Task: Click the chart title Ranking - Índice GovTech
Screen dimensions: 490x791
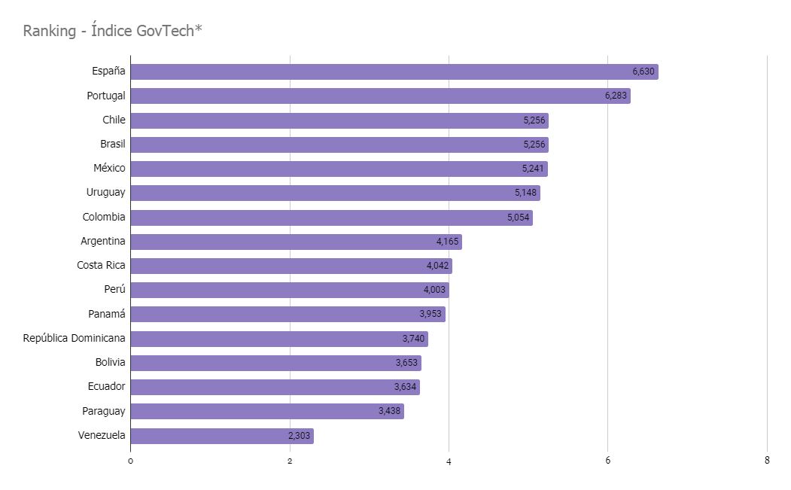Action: click(113, 31)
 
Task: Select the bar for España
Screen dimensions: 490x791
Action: click(394, 72)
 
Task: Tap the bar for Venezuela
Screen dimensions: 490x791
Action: click(221, 436)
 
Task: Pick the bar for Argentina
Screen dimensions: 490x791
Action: click(296, 242)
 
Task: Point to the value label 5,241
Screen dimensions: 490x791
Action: click(534, 169)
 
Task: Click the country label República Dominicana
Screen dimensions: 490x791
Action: click(75, 338)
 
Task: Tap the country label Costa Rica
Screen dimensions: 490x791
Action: click(101, 265)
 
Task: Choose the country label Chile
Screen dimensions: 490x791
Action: click(114, 120)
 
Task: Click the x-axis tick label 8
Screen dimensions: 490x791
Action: click(767, 461)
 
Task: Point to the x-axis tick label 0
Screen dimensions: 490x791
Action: click(130, 461)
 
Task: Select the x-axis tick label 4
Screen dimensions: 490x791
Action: click(449, 461)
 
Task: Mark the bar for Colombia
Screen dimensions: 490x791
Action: click(331, 218)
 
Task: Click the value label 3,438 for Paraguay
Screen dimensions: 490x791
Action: click(390, 412)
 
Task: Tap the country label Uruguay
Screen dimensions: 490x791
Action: click(105, 192)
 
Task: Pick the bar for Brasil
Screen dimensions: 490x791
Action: click(339, 145)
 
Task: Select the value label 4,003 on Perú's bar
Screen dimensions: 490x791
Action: click(435, 290)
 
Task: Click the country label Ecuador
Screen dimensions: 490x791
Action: click(106, 386)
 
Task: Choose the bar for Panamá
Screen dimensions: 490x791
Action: click(287, 314)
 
